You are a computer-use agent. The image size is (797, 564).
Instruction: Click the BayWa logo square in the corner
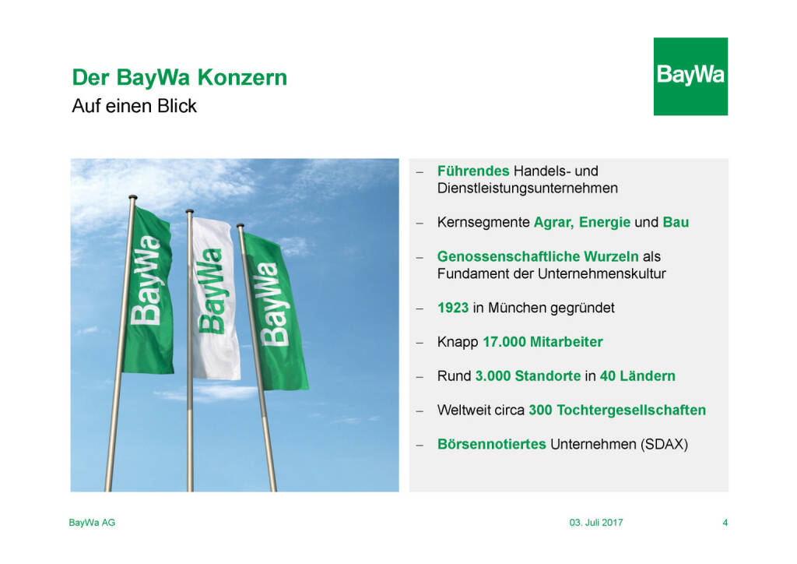(690, 76)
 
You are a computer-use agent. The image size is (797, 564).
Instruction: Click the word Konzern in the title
(242, 77)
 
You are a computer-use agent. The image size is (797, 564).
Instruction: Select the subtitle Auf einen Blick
(134, 106)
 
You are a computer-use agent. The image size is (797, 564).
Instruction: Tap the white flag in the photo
(216, 298)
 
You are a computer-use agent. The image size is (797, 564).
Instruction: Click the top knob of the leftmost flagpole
(132, 197)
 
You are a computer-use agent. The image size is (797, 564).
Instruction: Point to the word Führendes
(473, 171)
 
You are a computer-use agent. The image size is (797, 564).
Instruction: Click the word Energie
(604, 222)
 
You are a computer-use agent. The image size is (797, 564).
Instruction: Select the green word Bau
(676, 222)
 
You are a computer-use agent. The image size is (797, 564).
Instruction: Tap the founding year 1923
(453, 308)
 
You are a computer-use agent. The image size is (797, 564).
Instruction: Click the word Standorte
(547, 375)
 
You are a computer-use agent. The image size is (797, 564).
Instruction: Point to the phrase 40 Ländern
(637, 375)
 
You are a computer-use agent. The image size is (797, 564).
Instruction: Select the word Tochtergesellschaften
(631, 410)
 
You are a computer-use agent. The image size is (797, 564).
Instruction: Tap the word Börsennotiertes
(492, 444)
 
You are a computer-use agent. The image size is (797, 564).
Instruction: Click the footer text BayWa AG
(92, 522)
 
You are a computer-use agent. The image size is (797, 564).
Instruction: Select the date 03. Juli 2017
(595, 522)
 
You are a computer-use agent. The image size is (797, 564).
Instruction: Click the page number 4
(725, 522)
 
